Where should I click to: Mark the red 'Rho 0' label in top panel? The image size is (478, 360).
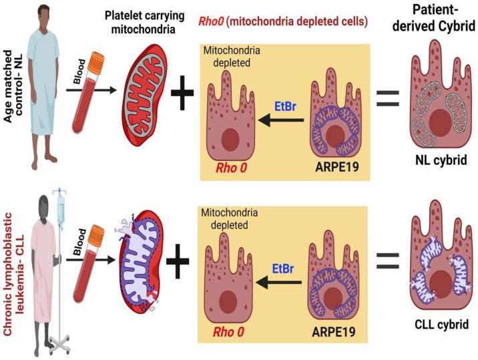pos(230,169)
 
